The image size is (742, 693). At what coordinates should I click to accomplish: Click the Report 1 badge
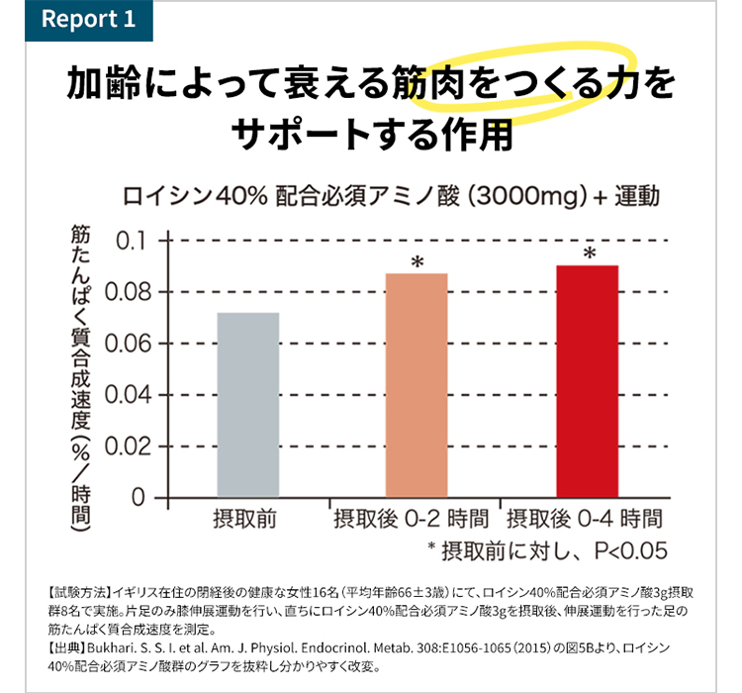click(87, 20)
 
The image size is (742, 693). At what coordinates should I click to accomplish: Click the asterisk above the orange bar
click(417, 261)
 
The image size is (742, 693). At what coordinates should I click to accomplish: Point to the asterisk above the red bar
click(589, 253)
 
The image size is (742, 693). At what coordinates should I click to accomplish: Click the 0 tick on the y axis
click(139, 497)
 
